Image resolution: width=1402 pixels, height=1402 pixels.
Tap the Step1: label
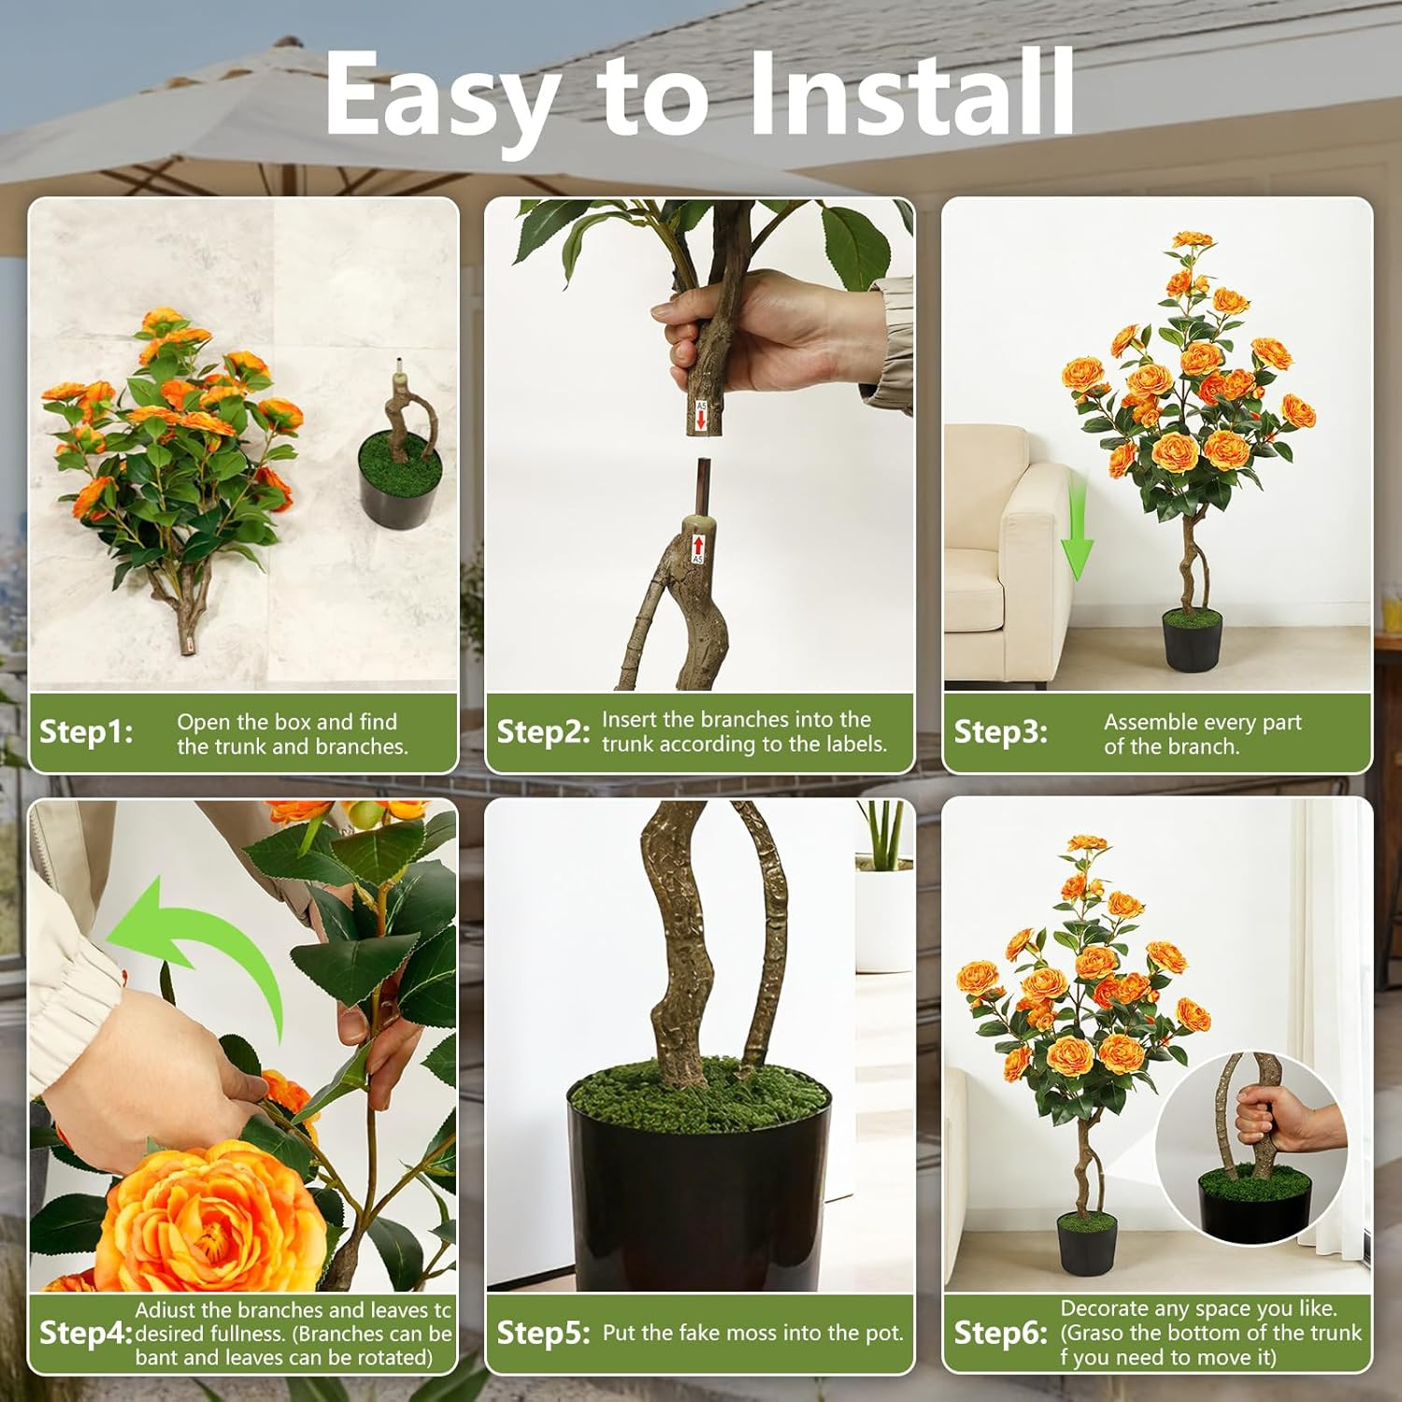(x=86, y=732)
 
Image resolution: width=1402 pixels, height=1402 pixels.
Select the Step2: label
(x=543, y=732)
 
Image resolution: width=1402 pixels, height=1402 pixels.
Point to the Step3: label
(x=1000, y=732)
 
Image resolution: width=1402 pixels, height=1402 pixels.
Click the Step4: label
(x=86, y=1334)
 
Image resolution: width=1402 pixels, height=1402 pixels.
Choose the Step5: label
(x=543, y=1333)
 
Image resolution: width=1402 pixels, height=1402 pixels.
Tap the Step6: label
(x=1000, y=1334)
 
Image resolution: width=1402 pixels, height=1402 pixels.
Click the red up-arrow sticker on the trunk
(x=697, y=549)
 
